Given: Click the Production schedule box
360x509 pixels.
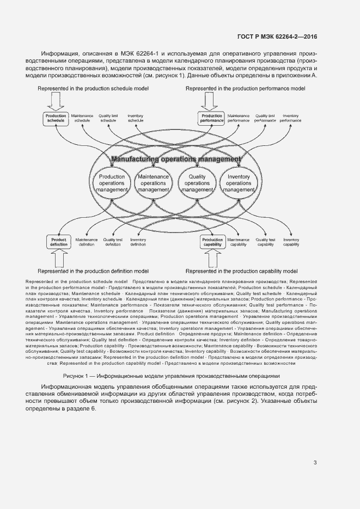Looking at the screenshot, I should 56,118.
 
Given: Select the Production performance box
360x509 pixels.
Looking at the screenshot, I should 211,118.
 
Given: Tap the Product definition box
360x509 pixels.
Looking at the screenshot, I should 58,242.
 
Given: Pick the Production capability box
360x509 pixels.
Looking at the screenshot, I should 212,242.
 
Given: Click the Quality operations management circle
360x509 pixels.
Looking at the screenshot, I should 197,183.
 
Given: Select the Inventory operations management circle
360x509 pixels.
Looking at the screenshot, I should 238,183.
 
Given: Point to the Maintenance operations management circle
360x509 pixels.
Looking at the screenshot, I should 153,183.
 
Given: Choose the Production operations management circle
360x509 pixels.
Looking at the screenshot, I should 111,183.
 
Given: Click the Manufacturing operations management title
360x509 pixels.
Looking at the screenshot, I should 175,160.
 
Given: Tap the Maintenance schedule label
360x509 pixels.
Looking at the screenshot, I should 82,118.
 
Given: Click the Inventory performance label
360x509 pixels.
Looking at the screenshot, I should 290,118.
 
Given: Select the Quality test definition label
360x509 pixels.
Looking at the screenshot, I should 112,242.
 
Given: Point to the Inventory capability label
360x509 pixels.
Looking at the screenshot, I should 291,242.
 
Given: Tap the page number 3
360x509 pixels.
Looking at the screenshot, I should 315,463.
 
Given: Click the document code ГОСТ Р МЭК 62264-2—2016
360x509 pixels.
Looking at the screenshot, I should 278,36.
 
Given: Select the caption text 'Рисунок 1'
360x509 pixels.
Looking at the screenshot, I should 77,376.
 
